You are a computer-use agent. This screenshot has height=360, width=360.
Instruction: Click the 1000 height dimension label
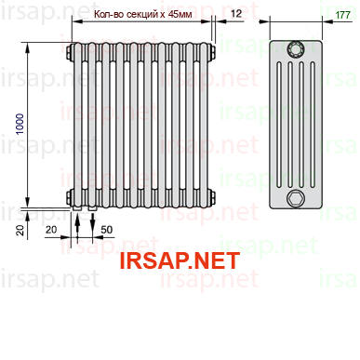20,124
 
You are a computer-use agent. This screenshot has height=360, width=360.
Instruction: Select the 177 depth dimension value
342,15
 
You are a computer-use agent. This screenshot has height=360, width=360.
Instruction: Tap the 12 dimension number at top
236,13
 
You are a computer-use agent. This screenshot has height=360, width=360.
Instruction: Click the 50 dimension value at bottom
106,230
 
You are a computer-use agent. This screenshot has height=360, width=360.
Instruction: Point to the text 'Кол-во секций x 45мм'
143,14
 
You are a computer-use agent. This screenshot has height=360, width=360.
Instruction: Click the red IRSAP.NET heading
180,260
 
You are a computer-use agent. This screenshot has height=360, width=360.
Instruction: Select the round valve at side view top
296,49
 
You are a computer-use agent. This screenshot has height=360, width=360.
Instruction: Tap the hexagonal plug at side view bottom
296,198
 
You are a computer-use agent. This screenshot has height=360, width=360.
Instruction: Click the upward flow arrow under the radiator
77,226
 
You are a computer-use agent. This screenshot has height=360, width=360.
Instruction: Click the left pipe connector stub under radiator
77,209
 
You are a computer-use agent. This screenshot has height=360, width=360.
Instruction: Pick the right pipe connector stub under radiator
92,209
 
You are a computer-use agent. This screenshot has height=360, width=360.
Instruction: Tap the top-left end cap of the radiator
70,51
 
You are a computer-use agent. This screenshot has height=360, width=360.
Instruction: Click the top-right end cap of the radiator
212,51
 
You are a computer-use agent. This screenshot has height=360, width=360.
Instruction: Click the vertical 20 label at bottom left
20,230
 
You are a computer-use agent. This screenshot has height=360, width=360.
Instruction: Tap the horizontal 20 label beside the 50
51,230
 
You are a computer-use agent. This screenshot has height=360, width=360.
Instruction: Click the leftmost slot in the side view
279,125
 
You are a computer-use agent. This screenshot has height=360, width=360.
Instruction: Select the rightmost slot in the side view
313,125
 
